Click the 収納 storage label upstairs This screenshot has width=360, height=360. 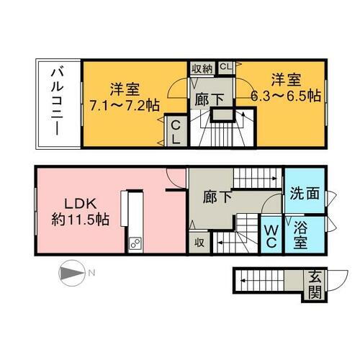[201, 68]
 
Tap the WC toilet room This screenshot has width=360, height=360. [271, 235]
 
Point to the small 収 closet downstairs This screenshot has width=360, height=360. [199, 243]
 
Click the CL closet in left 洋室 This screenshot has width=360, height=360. [175, 130]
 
